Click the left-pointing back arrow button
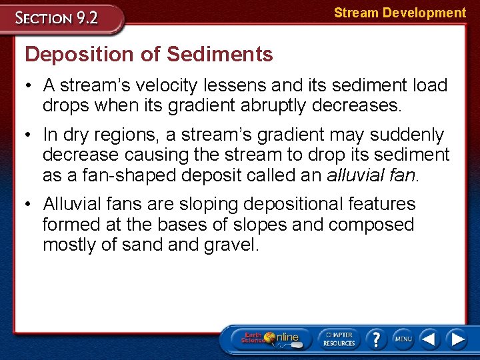429,339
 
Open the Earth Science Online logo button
270,339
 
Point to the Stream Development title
399,13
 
